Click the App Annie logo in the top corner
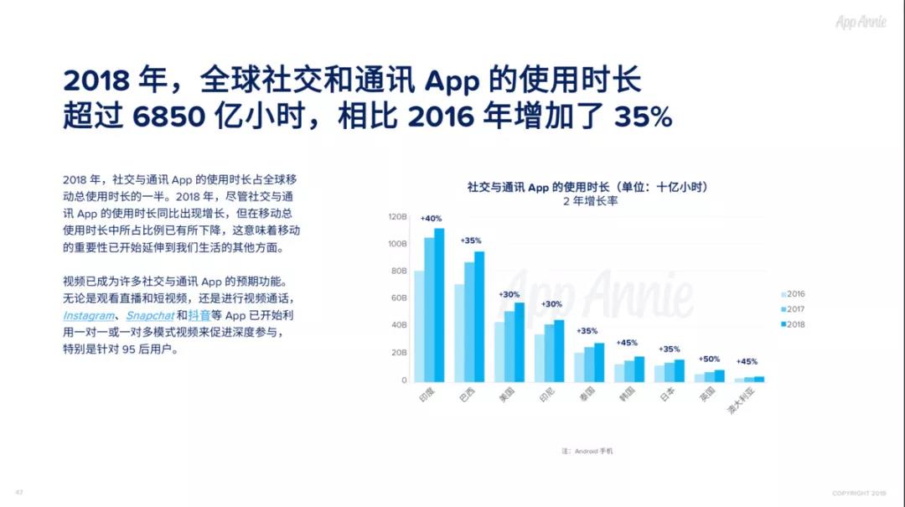[861, 22]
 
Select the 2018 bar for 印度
[439, 305]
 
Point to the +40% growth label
[431, 218]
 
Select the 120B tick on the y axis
[397, 216]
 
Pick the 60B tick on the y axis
[399, 298]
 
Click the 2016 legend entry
[792, 294]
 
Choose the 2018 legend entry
[792, 324]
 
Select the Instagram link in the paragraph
[89, 316]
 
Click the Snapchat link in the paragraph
[150, 316]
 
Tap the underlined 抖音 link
[199, 316]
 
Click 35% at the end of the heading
[643, 116]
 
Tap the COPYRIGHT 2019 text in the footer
[858, 493]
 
